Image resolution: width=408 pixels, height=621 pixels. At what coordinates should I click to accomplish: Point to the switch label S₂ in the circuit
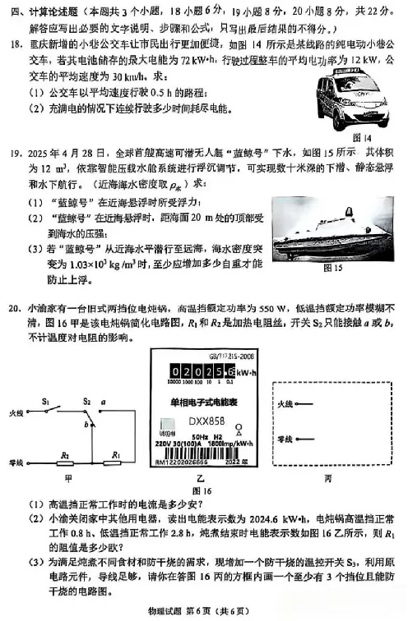[86, 402]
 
